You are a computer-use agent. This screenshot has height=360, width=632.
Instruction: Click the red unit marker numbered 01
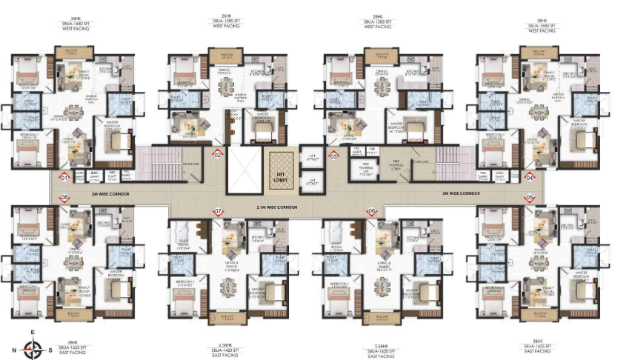64,177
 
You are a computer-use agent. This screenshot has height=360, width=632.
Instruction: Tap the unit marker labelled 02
218,155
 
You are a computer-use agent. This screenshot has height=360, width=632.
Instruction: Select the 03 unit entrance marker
334,156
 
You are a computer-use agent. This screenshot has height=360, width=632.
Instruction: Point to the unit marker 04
530,177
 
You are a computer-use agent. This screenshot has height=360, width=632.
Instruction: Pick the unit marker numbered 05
529,198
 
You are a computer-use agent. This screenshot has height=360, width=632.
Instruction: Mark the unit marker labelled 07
219,211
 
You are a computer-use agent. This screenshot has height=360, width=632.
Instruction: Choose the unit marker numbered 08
65,197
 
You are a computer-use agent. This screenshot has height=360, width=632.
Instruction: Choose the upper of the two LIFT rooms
313,156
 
